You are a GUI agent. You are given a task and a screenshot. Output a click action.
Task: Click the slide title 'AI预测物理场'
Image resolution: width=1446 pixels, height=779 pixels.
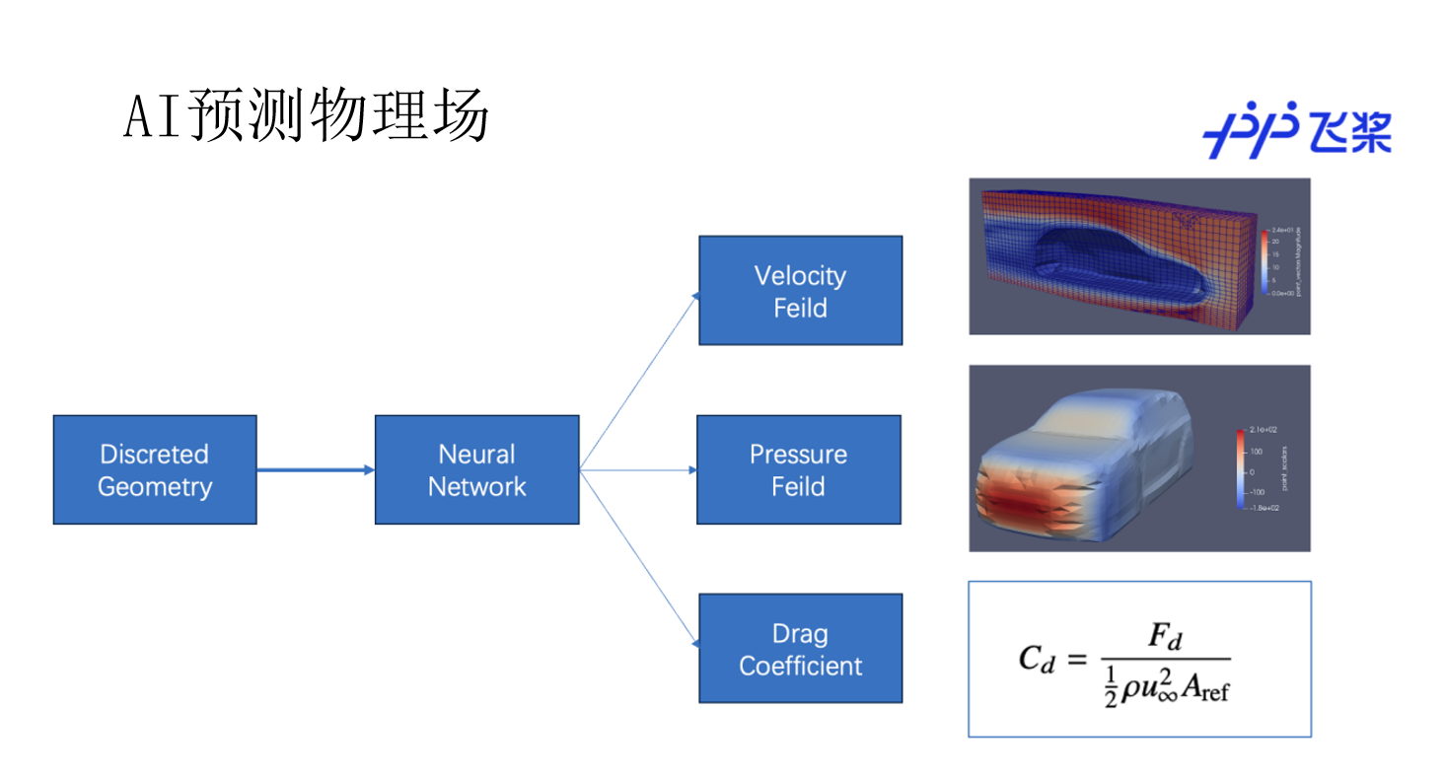pos(306,117)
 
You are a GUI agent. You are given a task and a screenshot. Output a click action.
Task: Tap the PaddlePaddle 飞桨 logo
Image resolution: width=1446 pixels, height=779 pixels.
pos(1296,129)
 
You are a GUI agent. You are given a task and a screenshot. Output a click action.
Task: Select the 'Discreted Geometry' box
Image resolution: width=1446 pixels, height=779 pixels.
pos(155,469)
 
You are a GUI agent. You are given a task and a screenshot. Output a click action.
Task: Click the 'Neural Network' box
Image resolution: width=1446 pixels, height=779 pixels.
pos(476,469)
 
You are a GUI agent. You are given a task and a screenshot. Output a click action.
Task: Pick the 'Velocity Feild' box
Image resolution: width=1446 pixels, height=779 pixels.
pos(800,291)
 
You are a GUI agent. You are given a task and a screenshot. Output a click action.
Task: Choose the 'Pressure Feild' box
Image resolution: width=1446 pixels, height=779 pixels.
pos(798,469)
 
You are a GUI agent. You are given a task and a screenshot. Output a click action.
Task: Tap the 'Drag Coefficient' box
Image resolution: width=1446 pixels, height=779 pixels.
pos(800,648)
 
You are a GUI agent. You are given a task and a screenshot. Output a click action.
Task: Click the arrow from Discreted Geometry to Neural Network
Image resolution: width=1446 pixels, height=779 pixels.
pos(316,470)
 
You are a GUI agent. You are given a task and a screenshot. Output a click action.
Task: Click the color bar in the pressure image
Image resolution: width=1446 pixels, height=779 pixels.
pos(1238,467)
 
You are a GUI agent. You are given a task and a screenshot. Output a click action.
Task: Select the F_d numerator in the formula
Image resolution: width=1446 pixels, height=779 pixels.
pos(1165,639)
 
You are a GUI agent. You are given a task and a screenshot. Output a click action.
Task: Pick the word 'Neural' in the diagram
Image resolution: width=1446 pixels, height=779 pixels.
pos(476,455)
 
